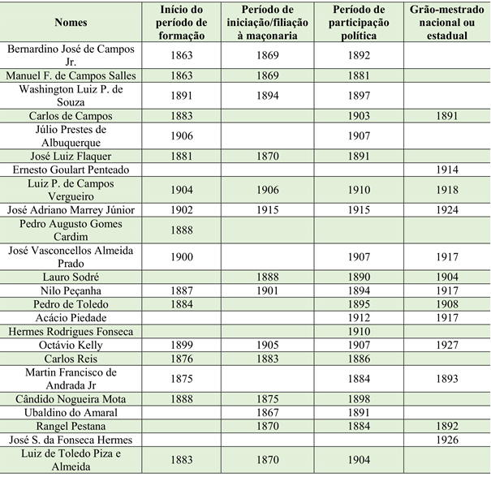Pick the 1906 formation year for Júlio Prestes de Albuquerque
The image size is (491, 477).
pyautogui.click(x=182, y=135)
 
